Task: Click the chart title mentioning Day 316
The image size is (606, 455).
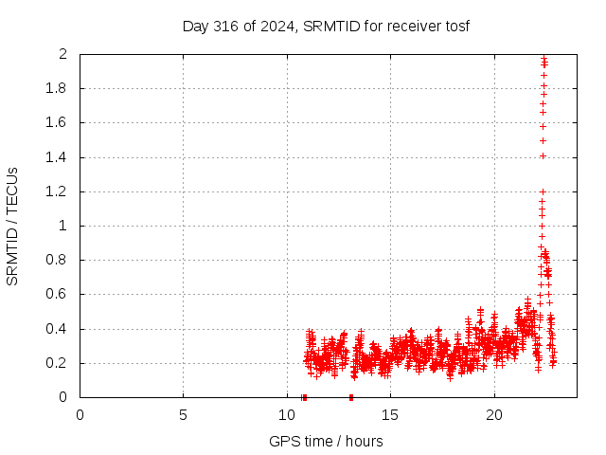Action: [x=326, y=26]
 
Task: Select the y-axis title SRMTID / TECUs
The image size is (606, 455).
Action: [x=13, y=226]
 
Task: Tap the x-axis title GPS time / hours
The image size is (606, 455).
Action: [x=326, y=441]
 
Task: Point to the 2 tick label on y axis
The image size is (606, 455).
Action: [x=63, y=54]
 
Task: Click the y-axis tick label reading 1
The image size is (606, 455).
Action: [x=63, y=226]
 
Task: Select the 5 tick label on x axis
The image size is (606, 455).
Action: [x=183, y=415]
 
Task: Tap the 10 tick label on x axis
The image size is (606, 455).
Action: [x=287, y=415]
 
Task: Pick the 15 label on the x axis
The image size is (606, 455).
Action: [x=390, y=415]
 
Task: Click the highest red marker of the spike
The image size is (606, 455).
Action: [x=544, y=58]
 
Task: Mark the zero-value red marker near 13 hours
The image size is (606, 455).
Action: [x=351, y=397]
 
